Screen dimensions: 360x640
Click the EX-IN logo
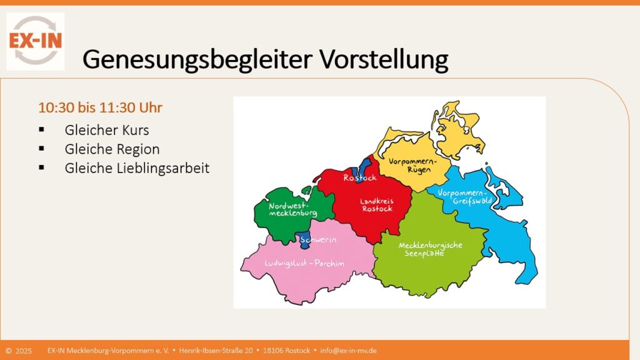35,41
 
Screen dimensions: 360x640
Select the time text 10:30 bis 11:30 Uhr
101,107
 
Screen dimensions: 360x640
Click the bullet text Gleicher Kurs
107,131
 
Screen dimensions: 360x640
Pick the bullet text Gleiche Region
112,149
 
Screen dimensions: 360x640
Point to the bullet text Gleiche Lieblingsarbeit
137,168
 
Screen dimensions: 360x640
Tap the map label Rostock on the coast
360,178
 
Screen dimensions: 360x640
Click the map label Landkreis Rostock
377,205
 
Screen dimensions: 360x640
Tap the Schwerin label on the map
319,240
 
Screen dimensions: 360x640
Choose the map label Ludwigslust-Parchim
304,263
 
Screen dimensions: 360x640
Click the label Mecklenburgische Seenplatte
430,249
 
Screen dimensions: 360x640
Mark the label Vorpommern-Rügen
411,165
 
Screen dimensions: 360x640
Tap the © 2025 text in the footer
19,351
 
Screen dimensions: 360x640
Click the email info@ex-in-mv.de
348,351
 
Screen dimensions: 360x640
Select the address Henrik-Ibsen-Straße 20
216,351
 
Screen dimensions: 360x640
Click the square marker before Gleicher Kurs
42,131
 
